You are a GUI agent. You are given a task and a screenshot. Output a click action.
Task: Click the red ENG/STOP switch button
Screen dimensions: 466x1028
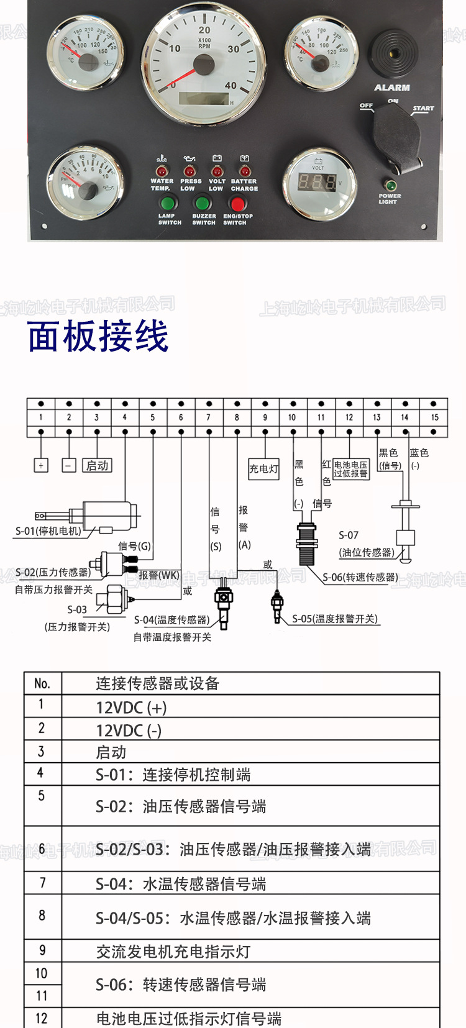(237, 203)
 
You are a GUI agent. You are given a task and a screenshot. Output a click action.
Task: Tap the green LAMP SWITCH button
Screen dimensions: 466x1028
(167, 203)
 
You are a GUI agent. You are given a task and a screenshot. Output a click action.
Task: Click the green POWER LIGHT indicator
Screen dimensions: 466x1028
(390, 185)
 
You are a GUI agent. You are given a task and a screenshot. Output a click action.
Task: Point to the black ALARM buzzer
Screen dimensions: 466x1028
(393, 55)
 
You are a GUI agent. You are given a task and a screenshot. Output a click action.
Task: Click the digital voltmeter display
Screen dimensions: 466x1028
(318, 182)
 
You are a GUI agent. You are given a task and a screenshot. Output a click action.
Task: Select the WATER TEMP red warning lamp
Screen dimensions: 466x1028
(161, 171)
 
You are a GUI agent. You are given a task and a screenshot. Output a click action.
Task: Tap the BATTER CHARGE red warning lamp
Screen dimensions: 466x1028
(244, 171)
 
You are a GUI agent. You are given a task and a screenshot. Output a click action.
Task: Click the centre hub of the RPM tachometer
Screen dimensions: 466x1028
(204, 65)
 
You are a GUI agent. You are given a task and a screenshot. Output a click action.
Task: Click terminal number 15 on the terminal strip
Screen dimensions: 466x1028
(434, 417)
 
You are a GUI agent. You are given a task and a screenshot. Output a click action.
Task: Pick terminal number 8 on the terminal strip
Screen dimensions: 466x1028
(237, 417)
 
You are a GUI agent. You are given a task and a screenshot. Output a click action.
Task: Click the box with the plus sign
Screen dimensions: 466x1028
(41, 465)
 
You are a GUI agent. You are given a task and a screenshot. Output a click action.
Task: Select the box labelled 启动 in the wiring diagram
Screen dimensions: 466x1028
(97, 465)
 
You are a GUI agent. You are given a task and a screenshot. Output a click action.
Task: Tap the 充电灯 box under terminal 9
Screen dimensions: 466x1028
(264, 468)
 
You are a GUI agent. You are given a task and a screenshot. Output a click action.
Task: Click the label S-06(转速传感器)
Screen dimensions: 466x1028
(360, 577)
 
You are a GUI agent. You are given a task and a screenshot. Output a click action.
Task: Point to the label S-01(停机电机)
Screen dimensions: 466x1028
(48, 531)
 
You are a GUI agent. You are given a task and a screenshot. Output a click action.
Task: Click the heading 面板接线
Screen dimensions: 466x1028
(98, 337)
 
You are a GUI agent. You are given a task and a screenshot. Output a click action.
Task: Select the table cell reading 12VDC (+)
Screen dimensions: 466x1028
(131, 707)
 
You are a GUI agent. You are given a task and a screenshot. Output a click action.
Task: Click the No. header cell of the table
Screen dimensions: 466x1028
(42, 683)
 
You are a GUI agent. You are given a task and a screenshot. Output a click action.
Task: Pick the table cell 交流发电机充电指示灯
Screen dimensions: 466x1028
(173, 951)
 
